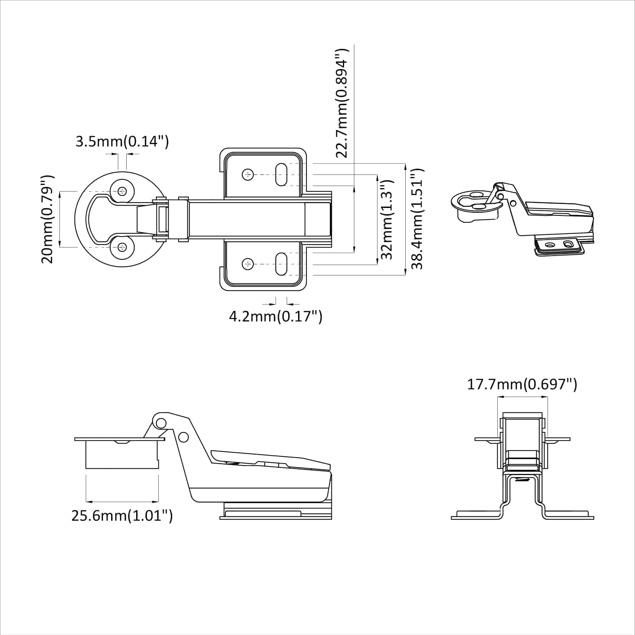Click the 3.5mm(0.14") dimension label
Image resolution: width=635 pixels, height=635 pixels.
(x=122, y=141)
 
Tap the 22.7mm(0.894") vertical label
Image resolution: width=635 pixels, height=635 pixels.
(x=342, y=103)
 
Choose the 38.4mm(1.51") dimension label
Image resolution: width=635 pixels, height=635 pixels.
(x=417, y=219)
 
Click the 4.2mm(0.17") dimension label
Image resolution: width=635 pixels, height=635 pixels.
(x=275, y=316)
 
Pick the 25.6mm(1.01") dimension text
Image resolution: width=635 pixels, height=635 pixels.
(x=122, y=516)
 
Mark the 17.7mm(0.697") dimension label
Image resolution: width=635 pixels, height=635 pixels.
(x=521, y=384)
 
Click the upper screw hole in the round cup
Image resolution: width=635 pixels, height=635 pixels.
(x=122, y=191)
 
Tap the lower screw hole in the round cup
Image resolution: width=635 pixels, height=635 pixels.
(x=122, y=247)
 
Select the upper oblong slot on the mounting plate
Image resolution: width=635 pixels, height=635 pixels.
(x=281, y=175)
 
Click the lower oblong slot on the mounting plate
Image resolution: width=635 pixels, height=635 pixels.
(x=281, y=264)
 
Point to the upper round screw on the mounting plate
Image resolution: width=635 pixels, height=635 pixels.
(x=248, y=175)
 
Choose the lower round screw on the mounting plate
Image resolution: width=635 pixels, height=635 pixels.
(x=248, y=264)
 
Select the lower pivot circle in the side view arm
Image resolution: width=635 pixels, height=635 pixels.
(x=183, y=437)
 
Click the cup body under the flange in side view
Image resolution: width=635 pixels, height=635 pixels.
(x=121, y=454)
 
